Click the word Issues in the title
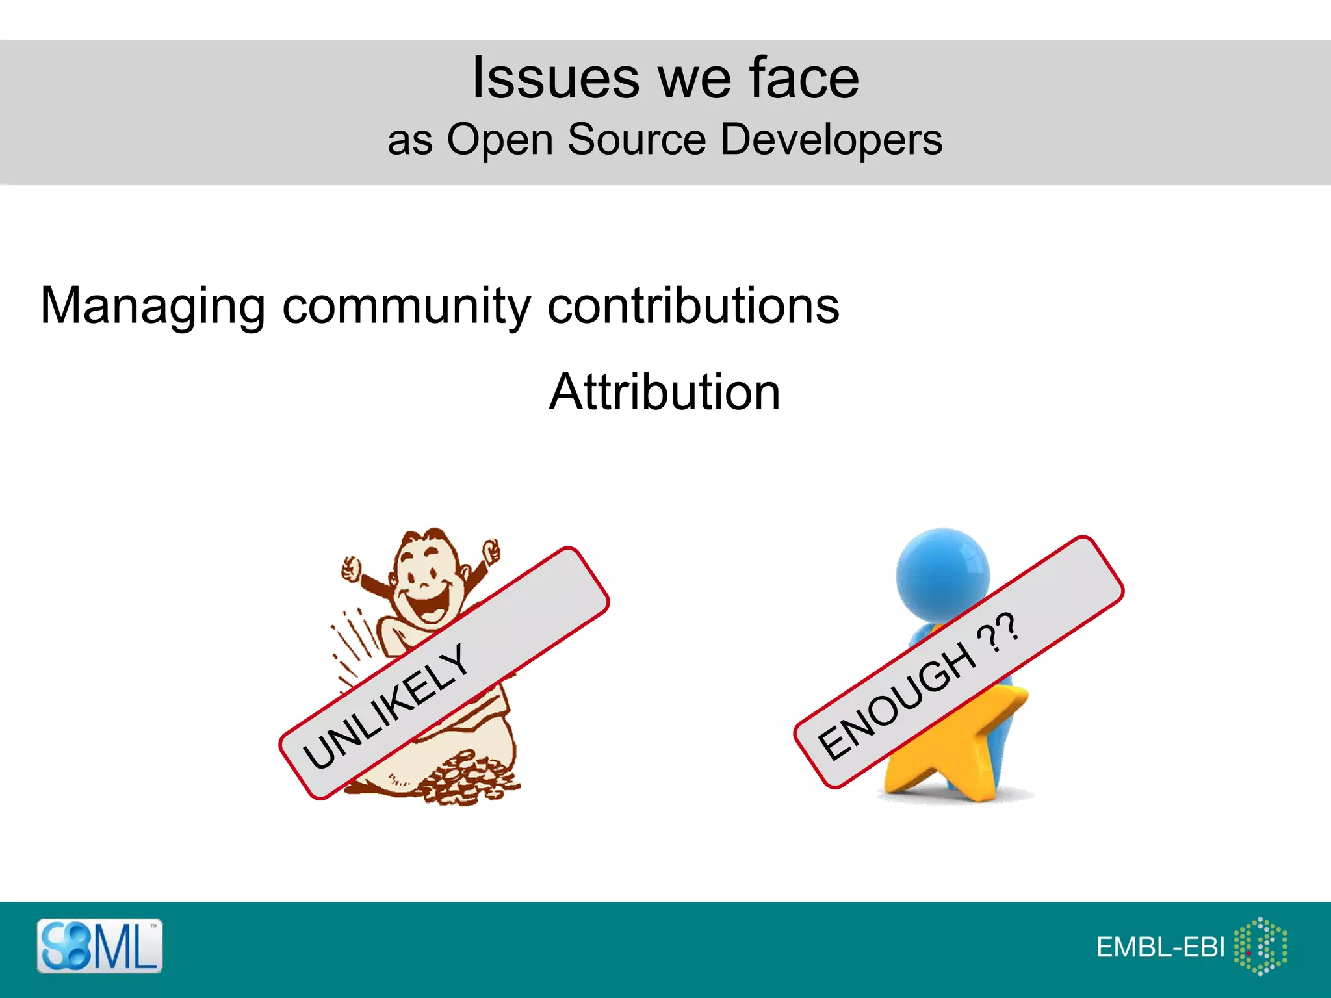click(x=556, y=78)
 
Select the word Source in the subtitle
click(x=636, y=139)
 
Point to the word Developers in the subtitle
click(x=831, y=140)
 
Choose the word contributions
click(x=693, y=305)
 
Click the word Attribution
click(x=664, y=392)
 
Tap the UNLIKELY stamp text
click(x=386, y=706)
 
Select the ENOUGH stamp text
click(x=897, y=702)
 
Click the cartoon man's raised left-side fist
click(x=352, y=569)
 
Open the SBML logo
click(x=99, y=946)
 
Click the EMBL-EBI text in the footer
click(x=1160, y=947)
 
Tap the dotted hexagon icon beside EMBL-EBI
click(x=1261, y=946)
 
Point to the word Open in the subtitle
click(x=499, y=140)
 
